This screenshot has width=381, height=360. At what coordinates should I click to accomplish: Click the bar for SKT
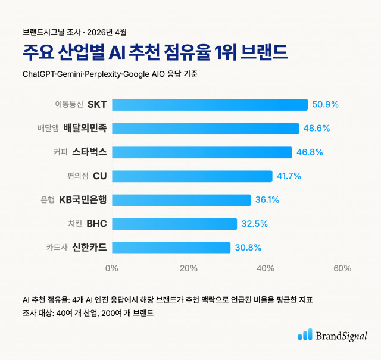[x=210, y=105]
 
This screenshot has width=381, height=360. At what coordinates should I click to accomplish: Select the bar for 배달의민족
[x=205, y=129]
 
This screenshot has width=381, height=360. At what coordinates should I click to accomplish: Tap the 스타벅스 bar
[x=202, y=152]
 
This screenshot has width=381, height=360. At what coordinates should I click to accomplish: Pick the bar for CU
[x=192, y=176]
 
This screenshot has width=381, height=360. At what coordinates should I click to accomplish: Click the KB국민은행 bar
[x=181, y=200]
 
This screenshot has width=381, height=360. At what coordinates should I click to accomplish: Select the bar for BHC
[x=174, y=224]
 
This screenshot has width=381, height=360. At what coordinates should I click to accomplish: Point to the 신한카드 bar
[x=171, y=248]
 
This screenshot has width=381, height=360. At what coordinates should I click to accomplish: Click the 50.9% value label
[x=325, y=105]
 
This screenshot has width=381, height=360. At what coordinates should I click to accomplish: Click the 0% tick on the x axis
[x=112, y=268]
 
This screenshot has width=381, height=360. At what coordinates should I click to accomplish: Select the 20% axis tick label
[x=189, y=268]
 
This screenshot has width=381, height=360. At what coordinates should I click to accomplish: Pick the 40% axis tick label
[x=266, y=268]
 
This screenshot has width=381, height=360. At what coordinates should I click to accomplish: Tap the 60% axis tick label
[x=342, y=268]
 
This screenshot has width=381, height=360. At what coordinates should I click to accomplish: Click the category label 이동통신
[x=69, y=105]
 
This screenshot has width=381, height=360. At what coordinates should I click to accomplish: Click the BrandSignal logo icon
[x=305, y=335]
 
